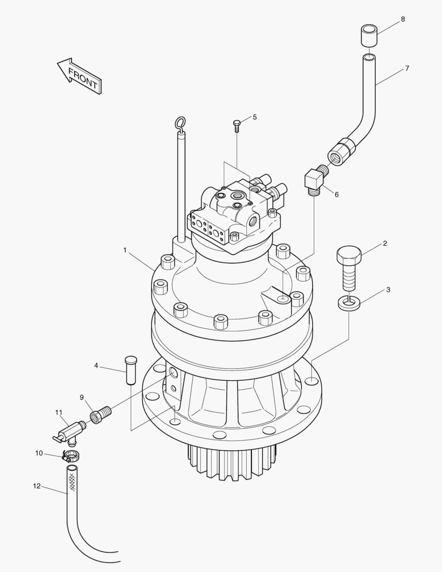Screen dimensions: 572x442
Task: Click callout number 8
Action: point(403,19)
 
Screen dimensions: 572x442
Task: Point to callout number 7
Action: point(407,68)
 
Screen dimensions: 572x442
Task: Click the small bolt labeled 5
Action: point(237,125)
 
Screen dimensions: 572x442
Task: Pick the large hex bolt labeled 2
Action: point(348,267)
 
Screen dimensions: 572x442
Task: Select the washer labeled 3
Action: point(348,303)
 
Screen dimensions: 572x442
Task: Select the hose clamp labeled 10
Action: point(70,454)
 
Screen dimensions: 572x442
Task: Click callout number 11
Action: point(58,412)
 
